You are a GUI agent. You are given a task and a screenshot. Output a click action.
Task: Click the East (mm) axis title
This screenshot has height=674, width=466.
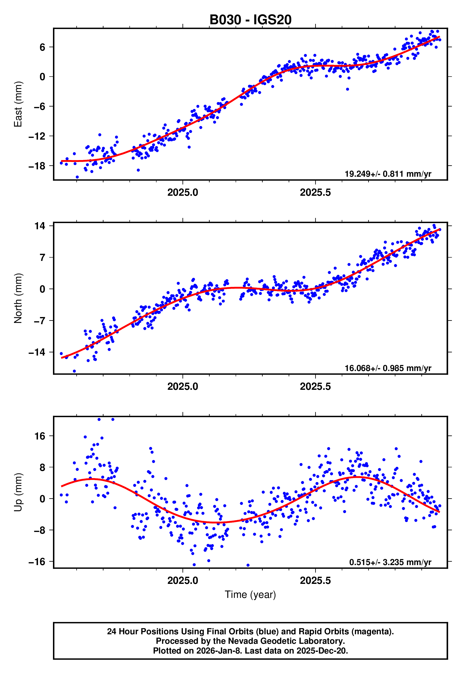click(x=18, y=104)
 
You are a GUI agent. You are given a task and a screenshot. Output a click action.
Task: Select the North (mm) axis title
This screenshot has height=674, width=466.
click(x=18, y=298)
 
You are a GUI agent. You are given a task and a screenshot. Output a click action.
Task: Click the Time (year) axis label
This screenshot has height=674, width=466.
click(x=250, y=595)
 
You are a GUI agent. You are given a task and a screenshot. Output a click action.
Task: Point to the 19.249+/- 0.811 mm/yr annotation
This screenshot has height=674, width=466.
click(x=388, y=174)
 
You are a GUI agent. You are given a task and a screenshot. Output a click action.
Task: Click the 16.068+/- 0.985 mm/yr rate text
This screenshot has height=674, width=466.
click(x=388, y=368)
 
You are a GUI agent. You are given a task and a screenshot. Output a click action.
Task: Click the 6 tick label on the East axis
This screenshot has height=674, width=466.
click(x=42, y=47)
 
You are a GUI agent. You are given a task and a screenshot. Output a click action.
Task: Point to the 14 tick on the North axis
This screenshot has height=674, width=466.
click(x=40, y=226)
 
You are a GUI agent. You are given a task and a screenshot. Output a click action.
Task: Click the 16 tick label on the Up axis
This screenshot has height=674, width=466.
click(x=40, y=436)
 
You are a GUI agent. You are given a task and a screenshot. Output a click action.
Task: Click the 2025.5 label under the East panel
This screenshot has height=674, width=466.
click(x=315, y=192)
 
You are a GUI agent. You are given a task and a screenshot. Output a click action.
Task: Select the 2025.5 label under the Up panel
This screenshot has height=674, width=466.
click(x=315, y=581)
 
